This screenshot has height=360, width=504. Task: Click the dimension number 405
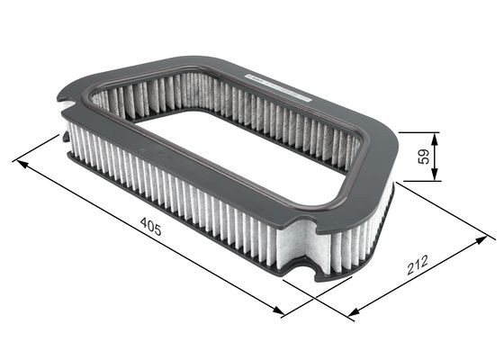point(151,229)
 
